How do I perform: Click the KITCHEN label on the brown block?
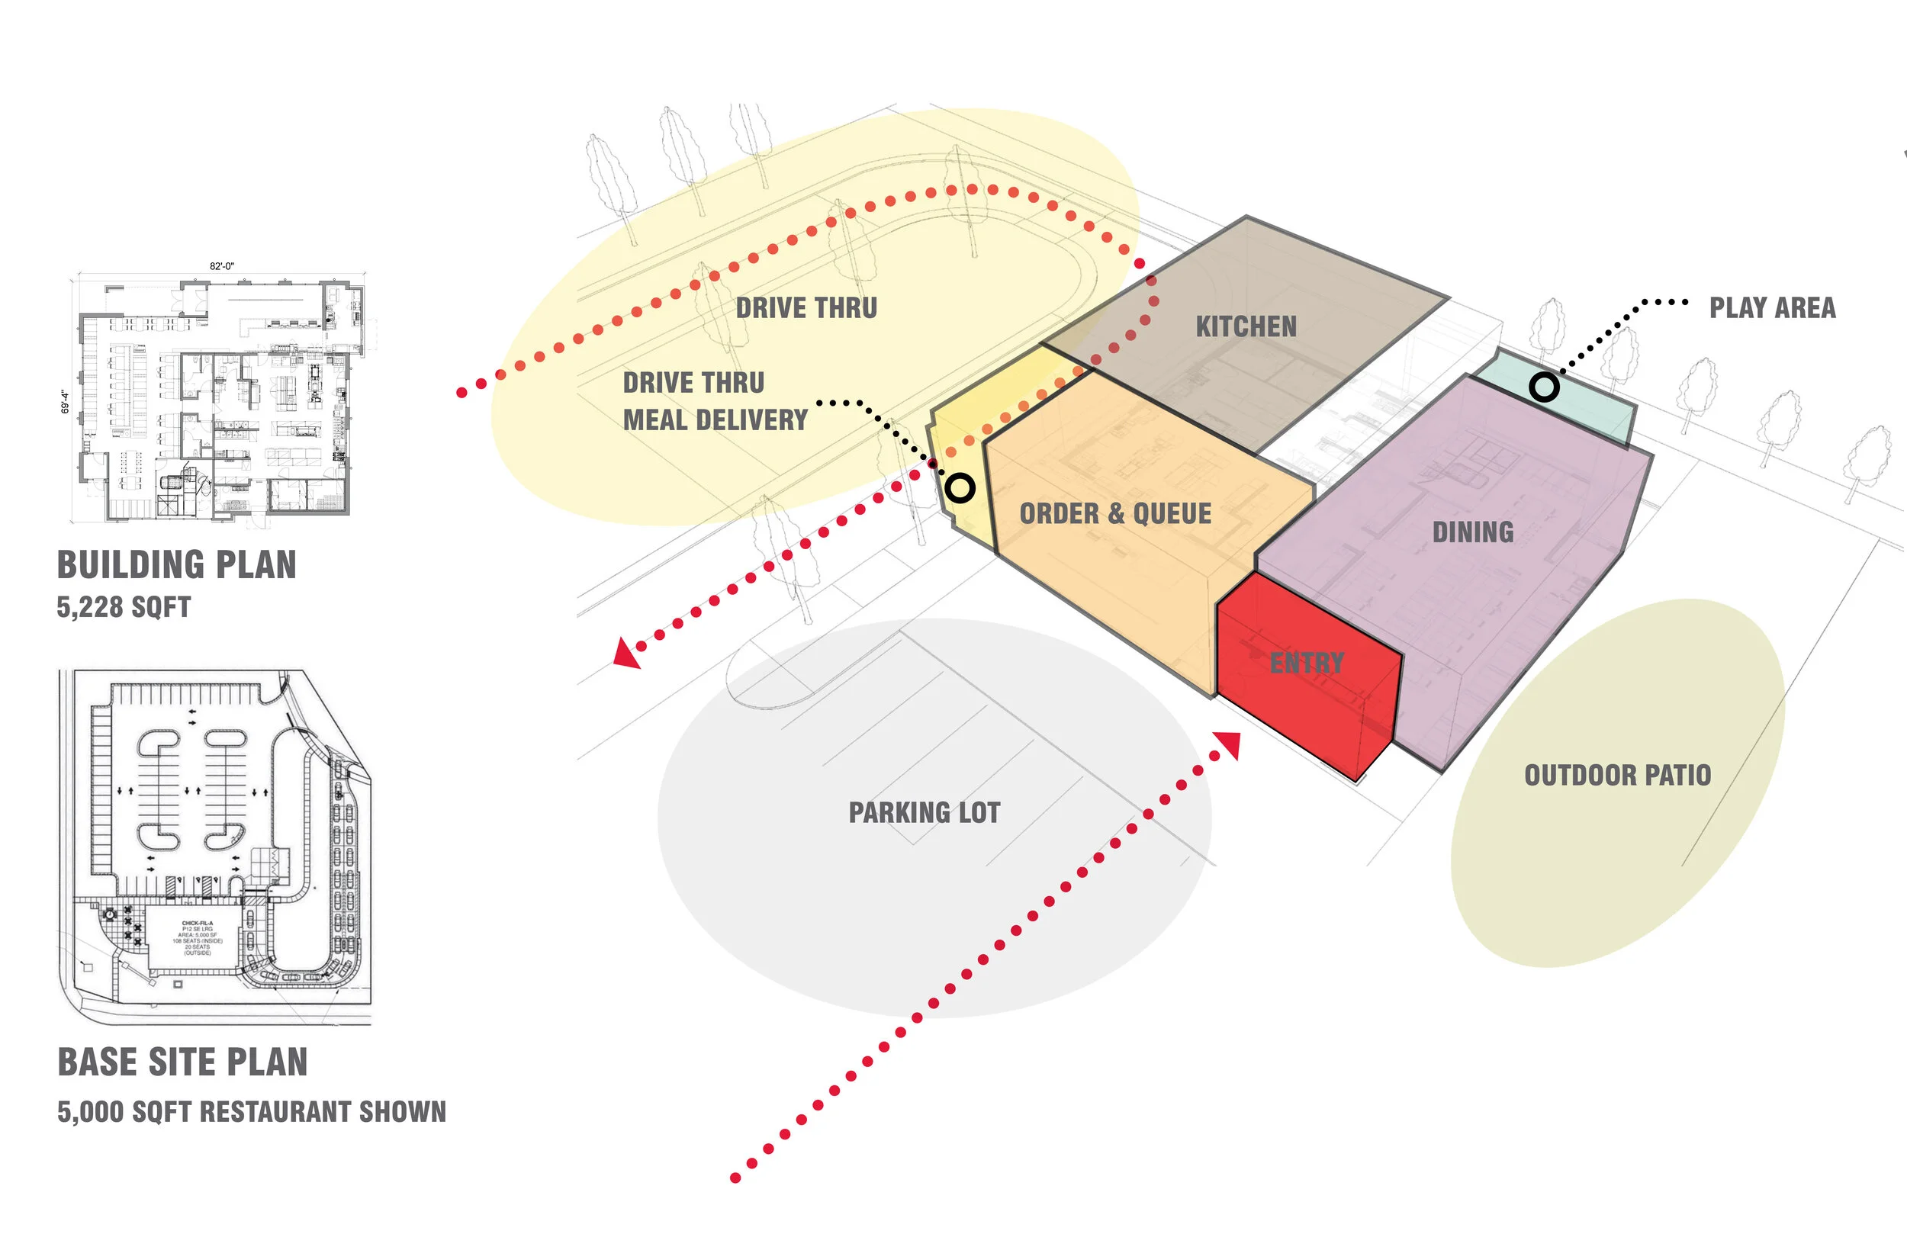(x=1246, y=327)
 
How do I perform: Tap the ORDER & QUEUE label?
(x=1114, y=513)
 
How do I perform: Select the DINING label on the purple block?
(x=1473, y=532)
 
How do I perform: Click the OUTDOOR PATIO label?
(x=1617, y=776)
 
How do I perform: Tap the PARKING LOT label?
(x=924, y=812)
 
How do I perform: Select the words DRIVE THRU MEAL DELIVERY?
(x=714, y=401)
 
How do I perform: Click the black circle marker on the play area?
(x=1544, y=388)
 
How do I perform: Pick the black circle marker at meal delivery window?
(x=959, y=487)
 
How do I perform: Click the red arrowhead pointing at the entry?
(x=1229, y=744)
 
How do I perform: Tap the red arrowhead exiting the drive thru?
(x=625, y=652)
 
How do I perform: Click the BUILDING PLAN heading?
(x=176, y=565)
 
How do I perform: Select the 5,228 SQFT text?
(x=124, y=607)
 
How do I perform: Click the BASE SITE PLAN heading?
(x=182, y=1062)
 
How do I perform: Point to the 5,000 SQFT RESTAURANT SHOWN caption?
(x=252, y=1112)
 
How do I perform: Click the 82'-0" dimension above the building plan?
(x=222, y=266)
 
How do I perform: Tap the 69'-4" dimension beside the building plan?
(x=65, y=402)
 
